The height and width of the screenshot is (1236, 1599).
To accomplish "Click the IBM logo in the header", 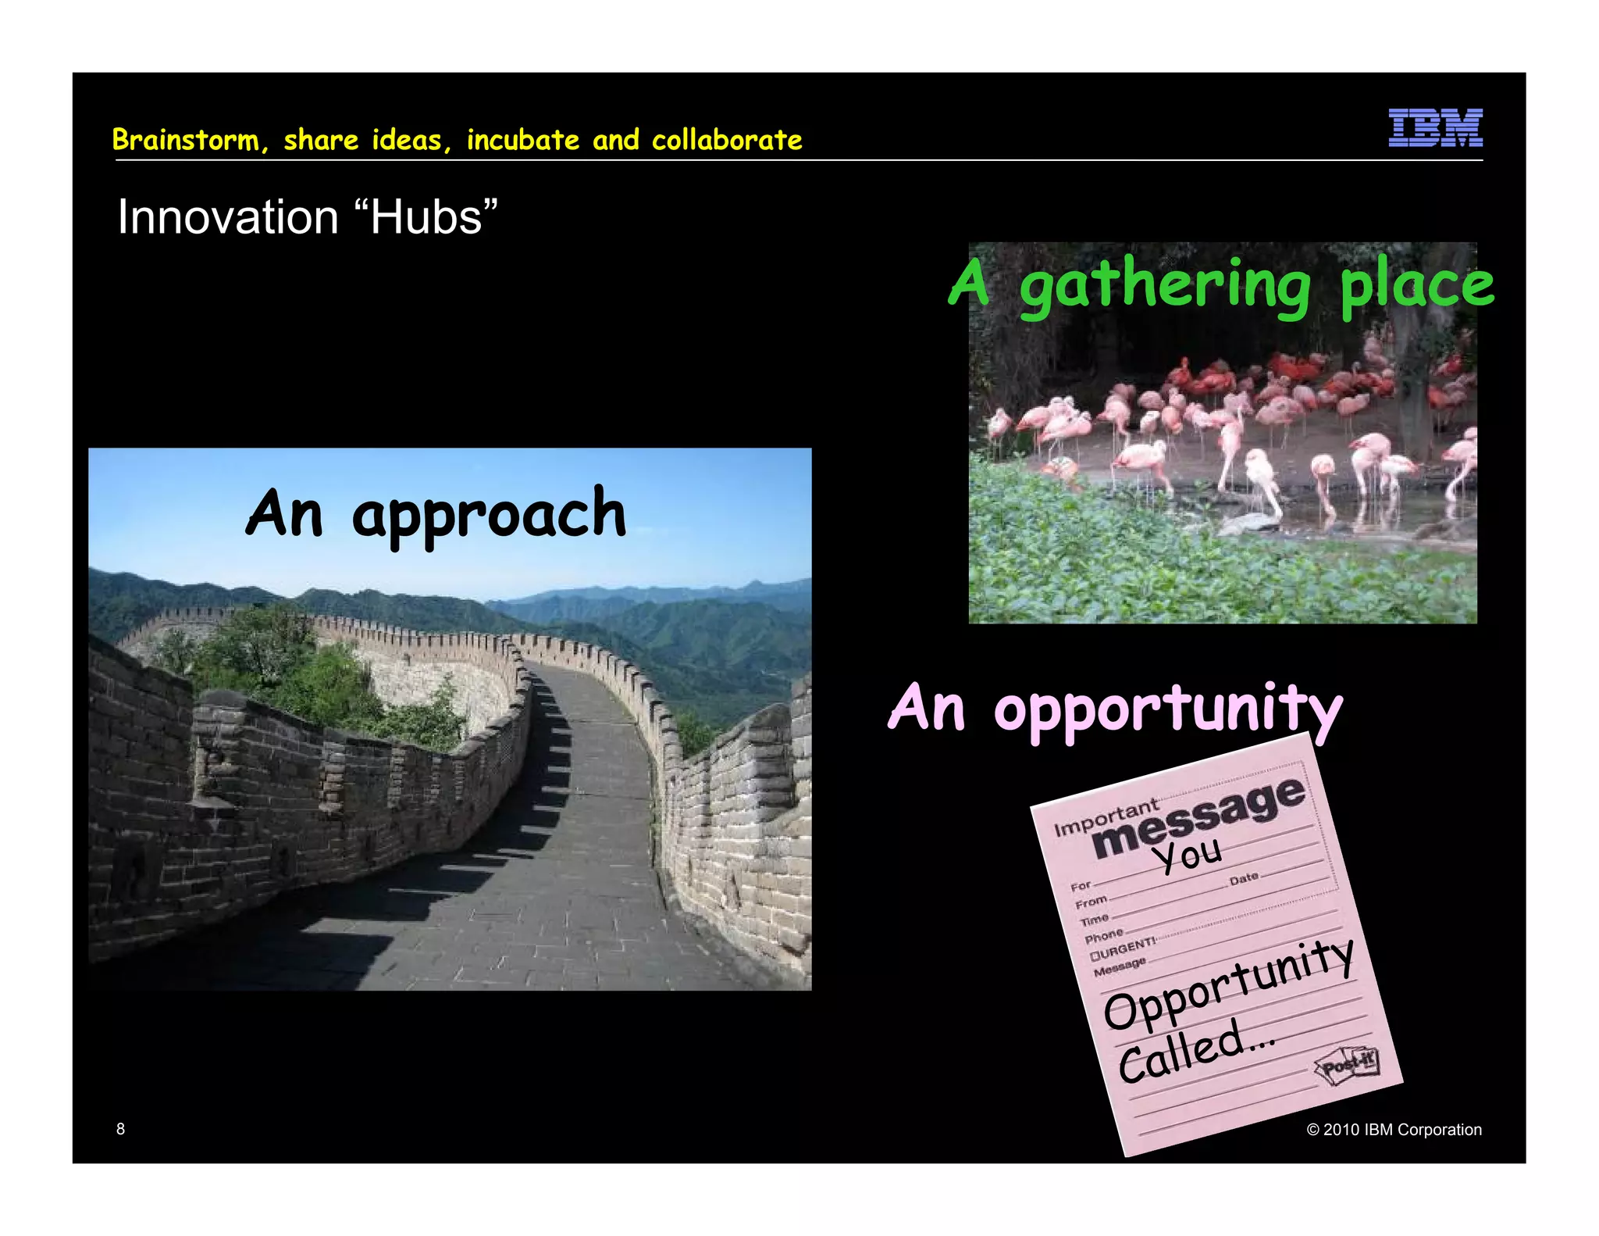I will [x=1435, y=128].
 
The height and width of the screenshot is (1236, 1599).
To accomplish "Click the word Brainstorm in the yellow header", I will [x=186, y=140].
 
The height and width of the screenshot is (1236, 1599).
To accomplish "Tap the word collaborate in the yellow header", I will [x=727, y=140].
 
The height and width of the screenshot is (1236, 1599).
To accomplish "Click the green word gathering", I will [x=1165, y=288].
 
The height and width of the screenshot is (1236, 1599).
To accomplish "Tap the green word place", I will [x=1416, y=286].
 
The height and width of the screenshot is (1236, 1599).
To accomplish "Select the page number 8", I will [x=120, y=1128].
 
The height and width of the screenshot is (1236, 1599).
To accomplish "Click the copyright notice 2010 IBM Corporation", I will [x=1394, y=1130].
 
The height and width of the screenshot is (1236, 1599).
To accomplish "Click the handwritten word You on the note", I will [x=1188, y=855].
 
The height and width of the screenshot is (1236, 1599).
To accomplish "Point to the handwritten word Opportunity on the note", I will [x=1228, y=985].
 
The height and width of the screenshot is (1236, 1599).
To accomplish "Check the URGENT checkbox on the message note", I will [x=1095, y=956].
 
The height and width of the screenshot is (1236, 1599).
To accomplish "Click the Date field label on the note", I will [x=1244, y=878].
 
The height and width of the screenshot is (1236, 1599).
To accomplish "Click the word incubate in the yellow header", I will [x=523, y=140].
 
